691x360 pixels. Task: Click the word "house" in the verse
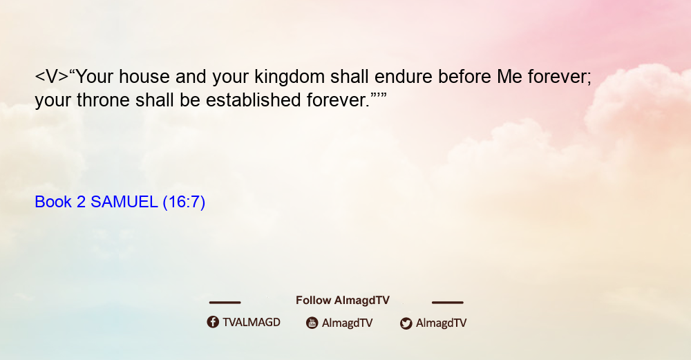coord(144,77)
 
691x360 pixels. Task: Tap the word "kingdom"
coord(290,77)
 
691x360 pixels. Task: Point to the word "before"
coord(464,77)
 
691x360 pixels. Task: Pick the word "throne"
coord(103,100)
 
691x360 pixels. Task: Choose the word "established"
coord(254,100)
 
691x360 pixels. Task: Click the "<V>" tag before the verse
coord(52,77)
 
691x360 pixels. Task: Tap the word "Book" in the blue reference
coord(53,202)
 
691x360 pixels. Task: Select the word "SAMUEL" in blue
coord(124,202)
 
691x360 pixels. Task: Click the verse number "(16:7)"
coord(184,202)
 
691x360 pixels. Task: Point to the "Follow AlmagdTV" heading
coord(343,300)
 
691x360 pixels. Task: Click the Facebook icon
coord(213,322)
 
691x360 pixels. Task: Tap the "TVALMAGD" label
coord(252,322)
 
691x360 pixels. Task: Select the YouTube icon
coord(312,323)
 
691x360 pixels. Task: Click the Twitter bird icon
coord(406,323)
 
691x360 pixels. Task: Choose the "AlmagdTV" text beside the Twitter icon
coord(441,323)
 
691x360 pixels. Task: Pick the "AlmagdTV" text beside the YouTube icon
coord(348,323)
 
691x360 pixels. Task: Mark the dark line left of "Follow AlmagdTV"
coord(225,302)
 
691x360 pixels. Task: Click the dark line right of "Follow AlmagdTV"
coord(448,302)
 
